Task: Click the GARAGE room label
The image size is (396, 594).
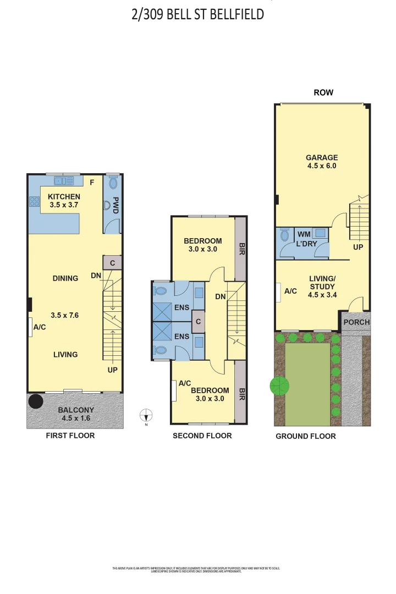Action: [322, 157]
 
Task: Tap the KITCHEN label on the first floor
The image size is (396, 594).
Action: [64, 196]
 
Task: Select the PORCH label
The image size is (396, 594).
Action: [356, 322]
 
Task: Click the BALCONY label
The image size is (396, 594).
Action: [76, 410]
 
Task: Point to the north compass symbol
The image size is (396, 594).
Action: [146, 416]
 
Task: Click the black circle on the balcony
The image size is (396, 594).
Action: [36, 401]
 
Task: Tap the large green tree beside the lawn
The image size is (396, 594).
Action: [279, 386]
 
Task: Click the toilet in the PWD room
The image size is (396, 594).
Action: [114, 183]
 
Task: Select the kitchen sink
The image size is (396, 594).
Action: [64, 180]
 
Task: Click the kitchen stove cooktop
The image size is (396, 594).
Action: [34, 202]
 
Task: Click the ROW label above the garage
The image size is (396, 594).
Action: [323, 92]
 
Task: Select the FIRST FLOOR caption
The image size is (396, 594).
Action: [70, 436]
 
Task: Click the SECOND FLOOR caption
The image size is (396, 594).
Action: [202, 436]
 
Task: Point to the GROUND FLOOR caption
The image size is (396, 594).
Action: [306, 436]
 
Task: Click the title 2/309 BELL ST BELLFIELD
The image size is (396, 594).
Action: [198, 14]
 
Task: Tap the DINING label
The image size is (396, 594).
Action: [65, 278]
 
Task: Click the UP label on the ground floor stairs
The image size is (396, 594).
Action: [358, 247]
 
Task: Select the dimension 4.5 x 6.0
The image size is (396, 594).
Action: [322, 166]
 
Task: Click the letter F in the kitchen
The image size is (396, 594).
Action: [92, 182]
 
